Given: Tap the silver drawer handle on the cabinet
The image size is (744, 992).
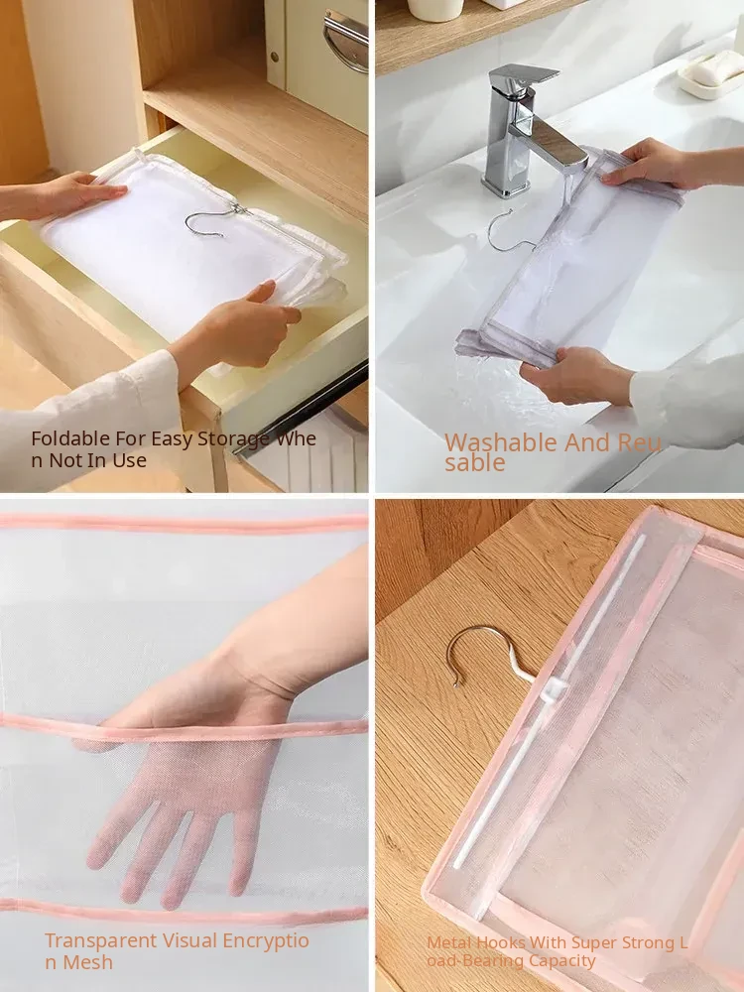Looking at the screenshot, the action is tap(345, 40).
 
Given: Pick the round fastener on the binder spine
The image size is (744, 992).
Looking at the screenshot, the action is tap(275, 58).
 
